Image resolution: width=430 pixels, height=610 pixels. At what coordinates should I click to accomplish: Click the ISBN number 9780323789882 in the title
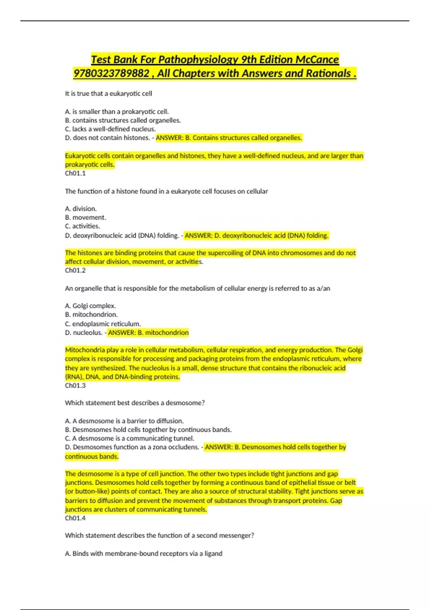(111, 74)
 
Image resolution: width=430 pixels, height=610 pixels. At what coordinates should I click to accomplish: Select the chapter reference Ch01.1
(75, 173)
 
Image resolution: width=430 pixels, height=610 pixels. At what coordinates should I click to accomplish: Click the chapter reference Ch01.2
(75, 271)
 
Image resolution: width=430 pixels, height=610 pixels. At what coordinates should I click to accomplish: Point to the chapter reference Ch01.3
(75, 386)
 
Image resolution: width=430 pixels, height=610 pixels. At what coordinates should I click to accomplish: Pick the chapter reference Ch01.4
(75, 518)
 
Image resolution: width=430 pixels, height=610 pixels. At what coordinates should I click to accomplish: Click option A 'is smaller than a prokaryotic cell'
(117, 112)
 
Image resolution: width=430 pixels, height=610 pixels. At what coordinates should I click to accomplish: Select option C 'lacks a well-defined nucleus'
(110, 129)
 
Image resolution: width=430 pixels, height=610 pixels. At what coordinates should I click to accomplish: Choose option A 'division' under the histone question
(81, 209)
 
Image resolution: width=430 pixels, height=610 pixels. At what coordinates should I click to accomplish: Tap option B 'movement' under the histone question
(86, 217)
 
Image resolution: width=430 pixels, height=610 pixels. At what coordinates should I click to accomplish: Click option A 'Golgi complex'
(90, 306)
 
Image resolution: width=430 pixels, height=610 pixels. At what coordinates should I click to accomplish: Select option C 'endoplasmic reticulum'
(103, 324)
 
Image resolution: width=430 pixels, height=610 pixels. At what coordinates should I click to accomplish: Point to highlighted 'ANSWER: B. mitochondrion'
(148, 333)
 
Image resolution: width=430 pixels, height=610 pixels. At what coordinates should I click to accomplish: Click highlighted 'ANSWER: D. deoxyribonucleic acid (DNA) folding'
(256, 236)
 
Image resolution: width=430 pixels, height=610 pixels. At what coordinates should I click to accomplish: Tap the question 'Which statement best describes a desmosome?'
(135, 403)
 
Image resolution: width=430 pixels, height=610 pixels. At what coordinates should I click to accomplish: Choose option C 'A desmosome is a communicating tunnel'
(130, 438)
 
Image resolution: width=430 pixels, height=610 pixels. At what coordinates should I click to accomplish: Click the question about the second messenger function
(159, 535)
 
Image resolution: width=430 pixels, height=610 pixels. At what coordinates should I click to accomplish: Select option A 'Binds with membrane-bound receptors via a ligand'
(144, 554)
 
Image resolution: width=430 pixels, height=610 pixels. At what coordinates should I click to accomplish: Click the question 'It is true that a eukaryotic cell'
(109, 94)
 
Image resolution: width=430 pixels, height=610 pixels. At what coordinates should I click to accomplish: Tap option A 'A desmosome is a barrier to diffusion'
(124, 421)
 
